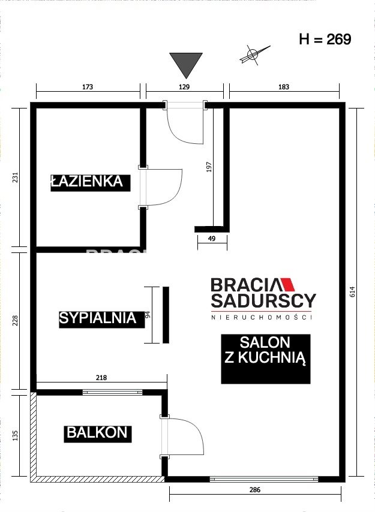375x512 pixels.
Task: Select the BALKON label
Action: tap(97, 433)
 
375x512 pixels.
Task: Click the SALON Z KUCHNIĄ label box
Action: tap(266, 359)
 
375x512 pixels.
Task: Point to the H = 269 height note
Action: tap(325, 39)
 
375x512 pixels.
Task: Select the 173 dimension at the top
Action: tap(88, 87)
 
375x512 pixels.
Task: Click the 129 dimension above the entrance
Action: tap(184, 87)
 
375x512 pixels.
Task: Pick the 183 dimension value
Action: tap(284, 87)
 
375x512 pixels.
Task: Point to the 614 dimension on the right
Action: tap(352, 291)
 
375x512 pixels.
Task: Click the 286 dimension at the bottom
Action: tap(255, 489)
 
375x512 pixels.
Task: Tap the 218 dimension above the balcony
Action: tap(101, 378)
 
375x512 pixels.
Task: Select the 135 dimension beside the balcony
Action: tap(15, 435)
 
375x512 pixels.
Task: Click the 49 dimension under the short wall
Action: tap(212, 239)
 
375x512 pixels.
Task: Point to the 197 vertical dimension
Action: tap(209, 167)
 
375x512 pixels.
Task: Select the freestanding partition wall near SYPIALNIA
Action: tap(166, 315)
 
